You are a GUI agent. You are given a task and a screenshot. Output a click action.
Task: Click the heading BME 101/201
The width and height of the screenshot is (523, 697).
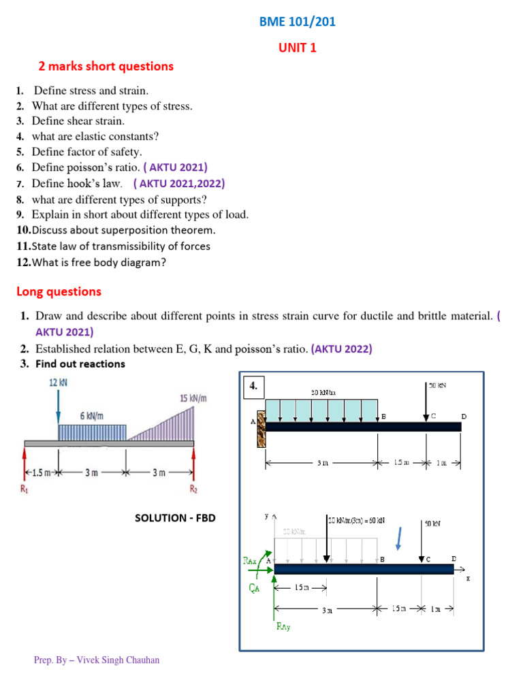(297, 22)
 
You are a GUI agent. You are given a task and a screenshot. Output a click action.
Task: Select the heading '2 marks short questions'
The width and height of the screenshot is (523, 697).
(106, 66)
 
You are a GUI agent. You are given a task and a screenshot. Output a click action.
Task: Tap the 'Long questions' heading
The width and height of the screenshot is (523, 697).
(59, 291)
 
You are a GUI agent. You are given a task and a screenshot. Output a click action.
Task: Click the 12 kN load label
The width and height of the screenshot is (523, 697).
(59, 383)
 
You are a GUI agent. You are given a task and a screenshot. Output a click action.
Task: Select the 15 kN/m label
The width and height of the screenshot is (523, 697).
(193, 398)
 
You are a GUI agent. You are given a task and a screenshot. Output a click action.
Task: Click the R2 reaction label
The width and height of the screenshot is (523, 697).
(193, 488)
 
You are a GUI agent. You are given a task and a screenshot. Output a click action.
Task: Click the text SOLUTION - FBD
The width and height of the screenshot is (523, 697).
(175, 518)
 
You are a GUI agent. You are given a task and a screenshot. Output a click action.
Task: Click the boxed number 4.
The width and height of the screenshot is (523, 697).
(253, 386)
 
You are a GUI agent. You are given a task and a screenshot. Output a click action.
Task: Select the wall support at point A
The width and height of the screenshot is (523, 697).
(260, 428)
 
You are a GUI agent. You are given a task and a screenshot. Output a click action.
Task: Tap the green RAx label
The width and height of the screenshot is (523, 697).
(251, 561)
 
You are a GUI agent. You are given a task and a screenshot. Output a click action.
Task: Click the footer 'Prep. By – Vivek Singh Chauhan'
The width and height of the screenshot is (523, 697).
(97, 660)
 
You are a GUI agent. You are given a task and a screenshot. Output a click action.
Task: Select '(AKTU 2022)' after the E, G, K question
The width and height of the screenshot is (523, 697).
(341, 349)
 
